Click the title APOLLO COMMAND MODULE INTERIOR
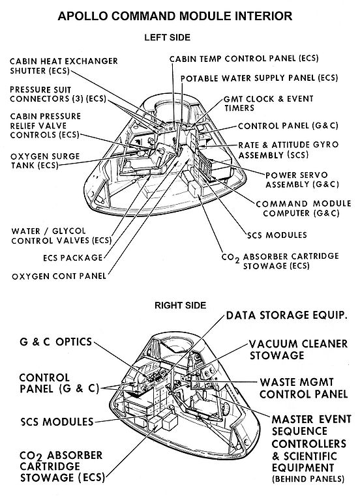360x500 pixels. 180,15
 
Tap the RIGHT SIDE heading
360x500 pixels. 180,304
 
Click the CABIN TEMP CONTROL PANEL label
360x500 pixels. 244,59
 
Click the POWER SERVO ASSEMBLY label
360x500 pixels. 300,181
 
